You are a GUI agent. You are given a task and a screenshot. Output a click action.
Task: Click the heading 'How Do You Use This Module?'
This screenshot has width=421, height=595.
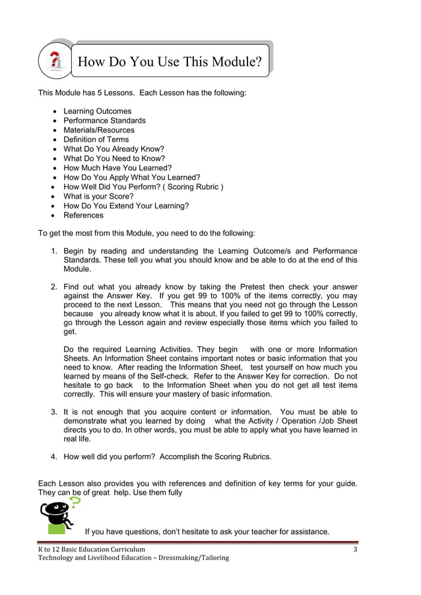click(x=170, y=62)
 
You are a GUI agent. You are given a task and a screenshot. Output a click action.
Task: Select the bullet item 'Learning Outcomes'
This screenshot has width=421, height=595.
click(x=97, y=111)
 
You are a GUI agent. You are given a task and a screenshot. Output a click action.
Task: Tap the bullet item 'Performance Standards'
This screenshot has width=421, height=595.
click(x=104, y=121)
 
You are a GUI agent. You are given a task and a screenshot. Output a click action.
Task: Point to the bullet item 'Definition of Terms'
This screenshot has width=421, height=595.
click(x=96, y=140)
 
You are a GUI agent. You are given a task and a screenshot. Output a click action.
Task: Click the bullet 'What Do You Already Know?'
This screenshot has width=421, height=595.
click(x=113, y=149)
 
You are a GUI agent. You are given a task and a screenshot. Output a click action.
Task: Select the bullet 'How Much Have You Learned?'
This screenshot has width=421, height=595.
click(x=117, y=168)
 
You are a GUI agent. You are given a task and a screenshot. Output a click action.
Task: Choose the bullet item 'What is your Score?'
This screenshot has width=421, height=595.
click(x=98, y=197)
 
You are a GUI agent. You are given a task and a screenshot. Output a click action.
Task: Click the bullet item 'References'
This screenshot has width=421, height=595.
click(x=83, y=215)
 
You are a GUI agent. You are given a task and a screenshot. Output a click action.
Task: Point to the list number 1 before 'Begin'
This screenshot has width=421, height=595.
click(x=55, y=251)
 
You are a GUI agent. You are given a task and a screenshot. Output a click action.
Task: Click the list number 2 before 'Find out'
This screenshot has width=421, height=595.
click(x=55, y=287)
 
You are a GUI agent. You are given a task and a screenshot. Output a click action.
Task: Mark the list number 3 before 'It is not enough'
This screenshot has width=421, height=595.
click(x=55, y=412)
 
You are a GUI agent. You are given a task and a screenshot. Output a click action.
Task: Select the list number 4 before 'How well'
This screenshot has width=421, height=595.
click(x=55, y=456)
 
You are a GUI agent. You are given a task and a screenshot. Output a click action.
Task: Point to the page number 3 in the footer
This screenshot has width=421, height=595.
click(x=355, y=549)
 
